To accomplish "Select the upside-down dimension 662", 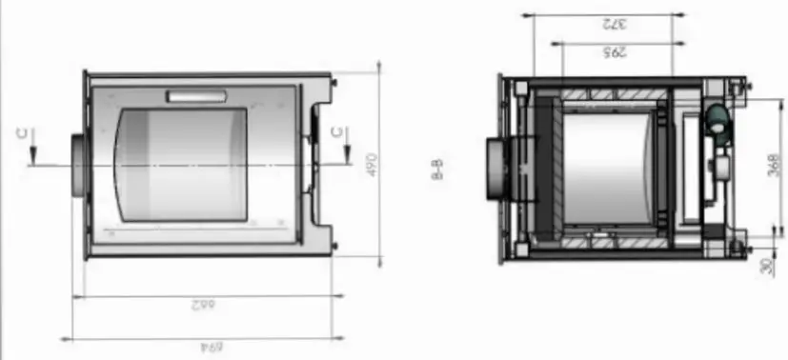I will [199, 306].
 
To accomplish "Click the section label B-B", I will [437, 171].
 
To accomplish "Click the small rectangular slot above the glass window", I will [196, 96].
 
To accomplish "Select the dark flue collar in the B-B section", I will [498, 170].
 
